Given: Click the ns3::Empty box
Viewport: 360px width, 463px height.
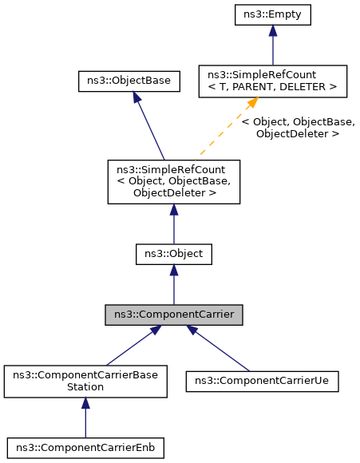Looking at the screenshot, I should point(273,14).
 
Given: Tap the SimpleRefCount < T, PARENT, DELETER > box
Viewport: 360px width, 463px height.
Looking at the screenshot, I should point(273,81).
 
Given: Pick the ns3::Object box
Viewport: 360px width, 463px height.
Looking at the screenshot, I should point(174,254).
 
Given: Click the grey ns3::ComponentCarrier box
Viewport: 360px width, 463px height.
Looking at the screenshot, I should point(174,315).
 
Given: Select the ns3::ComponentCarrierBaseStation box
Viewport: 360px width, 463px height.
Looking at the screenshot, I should point(85,381).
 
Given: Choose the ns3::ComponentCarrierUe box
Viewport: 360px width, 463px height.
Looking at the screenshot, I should point(263,381).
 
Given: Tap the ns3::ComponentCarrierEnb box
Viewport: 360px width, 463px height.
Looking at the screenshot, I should point(85,448).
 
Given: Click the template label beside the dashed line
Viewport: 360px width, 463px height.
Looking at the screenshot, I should point(297,128).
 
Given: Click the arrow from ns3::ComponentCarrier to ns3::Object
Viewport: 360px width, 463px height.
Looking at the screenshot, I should point(174,285).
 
